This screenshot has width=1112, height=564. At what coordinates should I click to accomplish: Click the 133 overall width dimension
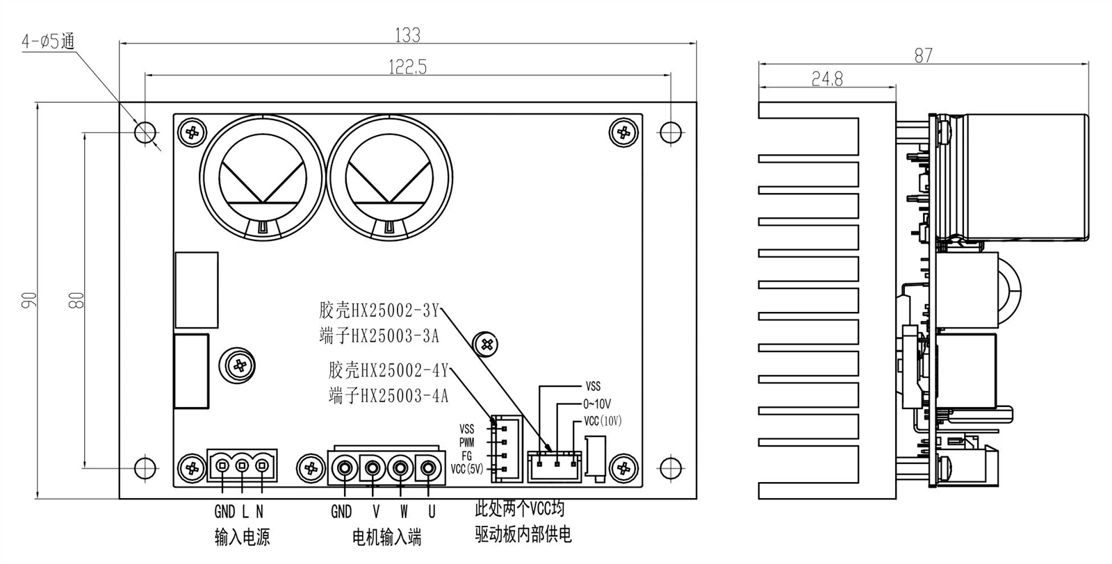[x=408, y=34]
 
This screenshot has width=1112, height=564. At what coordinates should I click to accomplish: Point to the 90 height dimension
[x=29, y=299]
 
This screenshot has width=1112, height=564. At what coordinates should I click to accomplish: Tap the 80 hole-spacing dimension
[x=78, y=299]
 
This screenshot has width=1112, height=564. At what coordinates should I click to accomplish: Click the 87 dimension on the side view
[x=923, y=56]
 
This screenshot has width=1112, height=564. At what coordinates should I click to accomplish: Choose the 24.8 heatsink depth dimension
[x=827, y=79]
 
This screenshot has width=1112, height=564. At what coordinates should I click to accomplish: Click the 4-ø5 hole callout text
[x=48, y=42]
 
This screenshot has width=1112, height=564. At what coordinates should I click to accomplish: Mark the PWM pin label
[x=466, y=442]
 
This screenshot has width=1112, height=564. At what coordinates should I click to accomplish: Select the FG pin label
[x=467, y=456]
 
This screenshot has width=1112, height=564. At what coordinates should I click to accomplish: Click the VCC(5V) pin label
[x=467, y=469]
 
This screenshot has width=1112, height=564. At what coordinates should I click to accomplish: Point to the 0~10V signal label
[x=597, y=404]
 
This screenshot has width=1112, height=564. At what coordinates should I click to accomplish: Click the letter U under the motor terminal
[x=432, y=513]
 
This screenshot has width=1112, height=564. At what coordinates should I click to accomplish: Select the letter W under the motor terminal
[x=404, y=513]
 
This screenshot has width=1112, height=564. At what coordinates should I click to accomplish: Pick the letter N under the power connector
[x=259, y=513]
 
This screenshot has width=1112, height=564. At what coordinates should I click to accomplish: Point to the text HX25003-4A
[x=400, y=397]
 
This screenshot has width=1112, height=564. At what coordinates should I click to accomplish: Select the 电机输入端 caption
[x=387, y=538]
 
